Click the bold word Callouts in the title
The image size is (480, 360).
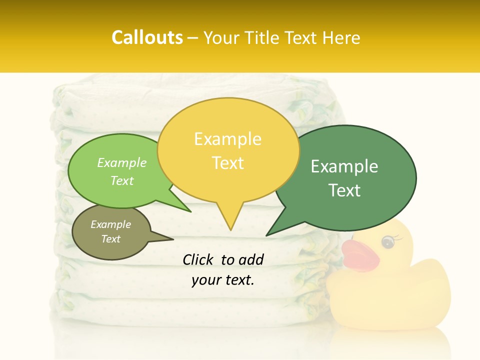[x=147, y=37]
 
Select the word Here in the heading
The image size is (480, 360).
[x=342, y=37]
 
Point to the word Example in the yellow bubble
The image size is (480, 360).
[x=227, y=138]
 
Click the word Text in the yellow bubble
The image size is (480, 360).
[x=227, y=162]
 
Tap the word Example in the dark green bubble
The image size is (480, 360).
[x=344, y=166]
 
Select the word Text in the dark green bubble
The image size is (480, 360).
[x=344, y=190]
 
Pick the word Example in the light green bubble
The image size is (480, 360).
[x=122, y=162]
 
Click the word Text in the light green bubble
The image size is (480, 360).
[x=122, y=180]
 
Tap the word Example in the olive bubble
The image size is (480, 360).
[x=110, y=224]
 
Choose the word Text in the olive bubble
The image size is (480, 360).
[x=110, y=238]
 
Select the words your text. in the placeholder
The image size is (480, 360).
[x=222, y=280]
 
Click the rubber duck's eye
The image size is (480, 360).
[x=387, y=242]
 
